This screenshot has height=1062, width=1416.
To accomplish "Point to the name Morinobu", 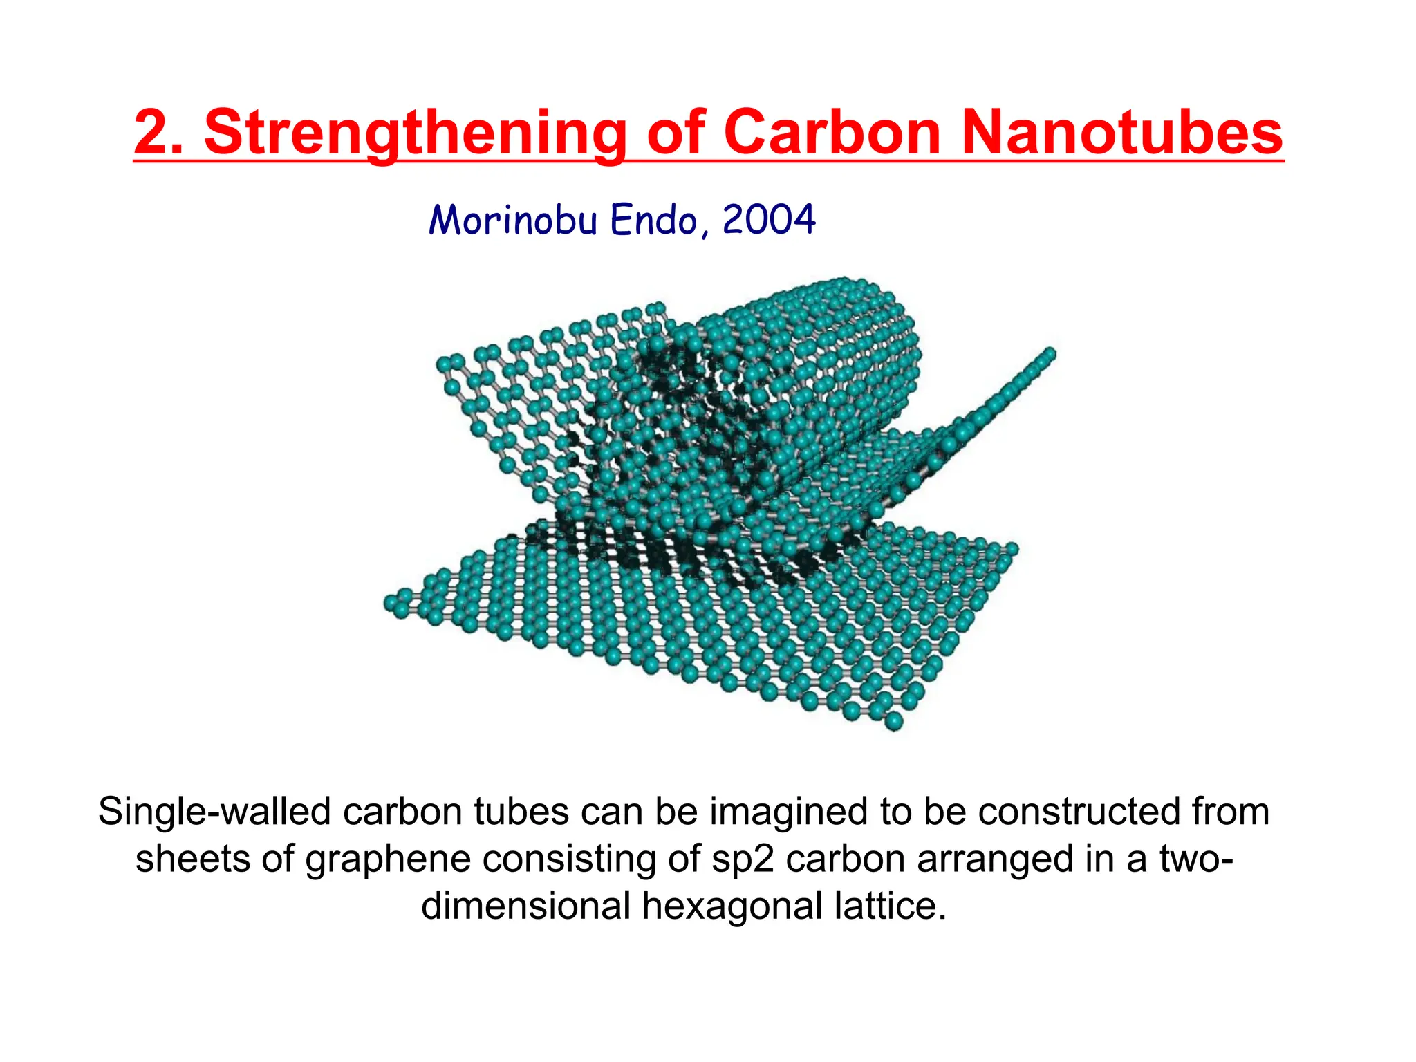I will pyautogui.click(x=512, y=221).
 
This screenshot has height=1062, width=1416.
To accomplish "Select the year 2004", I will pyautogui.click(x=769, y=221).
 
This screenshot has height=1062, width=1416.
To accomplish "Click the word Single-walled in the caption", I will pyautogui.click(x=214, y=812).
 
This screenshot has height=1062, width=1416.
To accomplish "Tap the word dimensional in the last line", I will pyautogui.click(x=526, y=906).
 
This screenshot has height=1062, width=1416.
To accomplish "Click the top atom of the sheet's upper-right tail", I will pyautogui.click(x=1049, y=355).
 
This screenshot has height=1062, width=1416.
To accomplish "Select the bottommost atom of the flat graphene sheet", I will pyautogui.click(x=894, y=722).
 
